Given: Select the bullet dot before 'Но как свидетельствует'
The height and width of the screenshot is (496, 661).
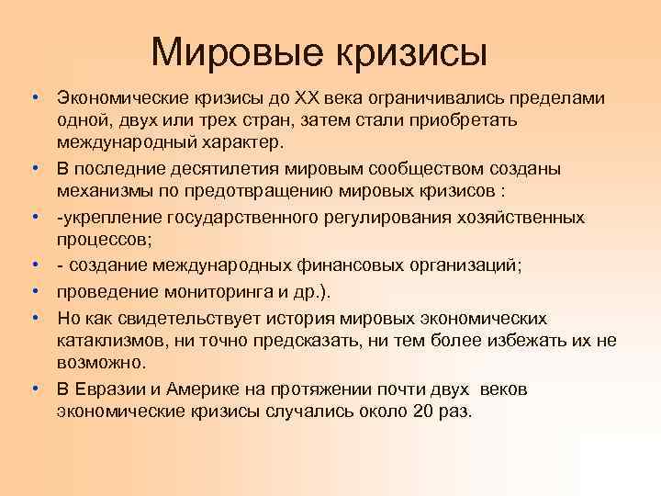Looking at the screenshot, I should [35, 318].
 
